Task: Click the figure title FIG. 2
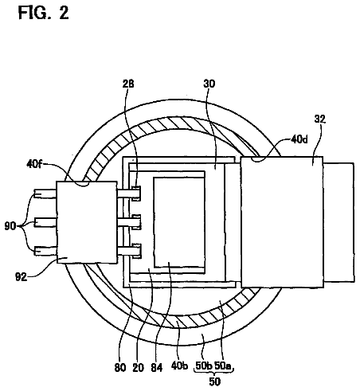44,13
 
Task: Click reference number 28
128,84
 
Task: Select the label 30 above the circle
209,84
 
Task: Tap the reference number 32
319,119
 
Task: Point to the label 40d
299,139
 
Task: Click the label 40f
34,164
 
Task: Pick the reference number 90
10,226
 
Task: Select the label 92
21,277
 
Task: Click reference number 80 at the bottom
120,368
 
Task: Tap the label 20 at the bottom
138,368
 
